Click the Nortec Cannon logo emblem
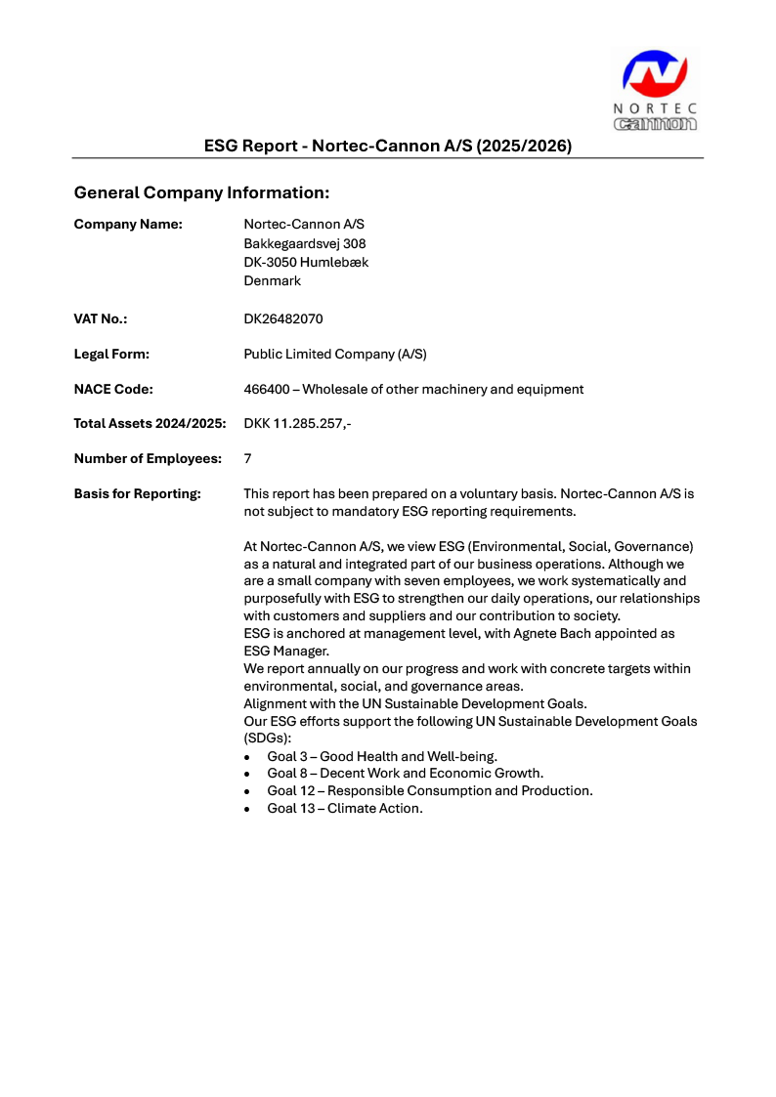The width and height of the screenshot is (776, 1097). point(655,75)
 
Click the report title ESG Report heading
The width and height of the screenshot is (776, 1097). point(387,146)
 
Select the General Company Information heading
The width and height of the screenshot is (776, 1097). point(201,192)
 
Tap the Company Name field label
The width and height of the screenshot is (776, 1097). point(128,225)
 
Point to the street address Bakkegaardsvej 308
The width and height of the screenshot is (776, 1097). point(305,243)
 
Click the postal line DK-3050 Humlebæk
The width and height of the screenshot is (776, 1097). point(306,262)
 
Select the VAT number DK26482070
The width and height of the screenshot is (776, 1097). point(283,318)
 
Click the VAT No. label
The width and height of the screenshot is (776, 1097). point(101,318)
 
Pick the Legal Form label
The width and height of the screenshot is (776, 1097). point(111,354)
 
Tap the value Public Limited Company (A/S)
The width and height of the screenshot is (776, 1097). point(335,354)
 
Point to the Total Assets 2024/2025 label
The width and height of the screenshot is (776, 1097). point(150,423)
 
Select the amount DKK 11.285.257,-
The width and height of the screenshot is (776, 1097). point(297,423)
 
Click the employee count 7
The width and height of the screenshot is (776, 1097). point(247,458)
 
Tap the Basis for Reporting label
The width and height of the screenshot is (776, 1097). point(137,493)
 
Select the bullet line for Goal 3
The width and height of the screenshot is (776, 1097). point(382,756)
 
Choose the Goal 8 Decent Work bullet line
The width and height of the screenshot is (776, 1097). point(405,773)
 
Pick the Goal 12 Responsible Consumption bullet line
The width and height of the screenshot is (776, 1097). point(430,790)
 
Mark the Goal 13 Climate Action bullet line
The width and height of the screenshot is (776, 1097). point(345,808)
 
